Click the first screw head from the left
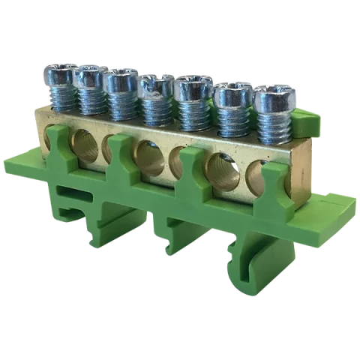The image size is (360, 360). (58, 75)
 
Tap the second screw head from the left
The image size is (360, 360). (88, 76)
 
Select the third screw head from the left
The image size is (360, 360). (119, 79)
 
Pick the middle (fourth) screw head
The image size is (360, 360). (156, 85)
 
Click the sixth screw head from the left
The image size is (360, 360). (230, 94)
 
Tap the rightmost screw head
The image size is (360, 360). (271, 98)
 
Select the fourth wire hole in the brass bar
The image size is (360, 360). (149, 158)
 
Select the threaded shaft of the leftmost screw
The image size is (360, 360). (59, 97)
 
